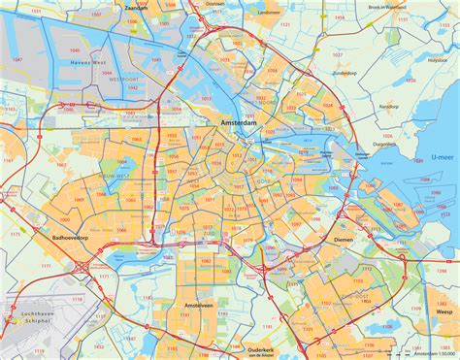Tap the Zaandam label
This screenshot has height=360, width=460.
click(x=135, y=6)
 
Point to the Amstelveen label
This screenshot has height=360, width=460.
click(x=199, y=304)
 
